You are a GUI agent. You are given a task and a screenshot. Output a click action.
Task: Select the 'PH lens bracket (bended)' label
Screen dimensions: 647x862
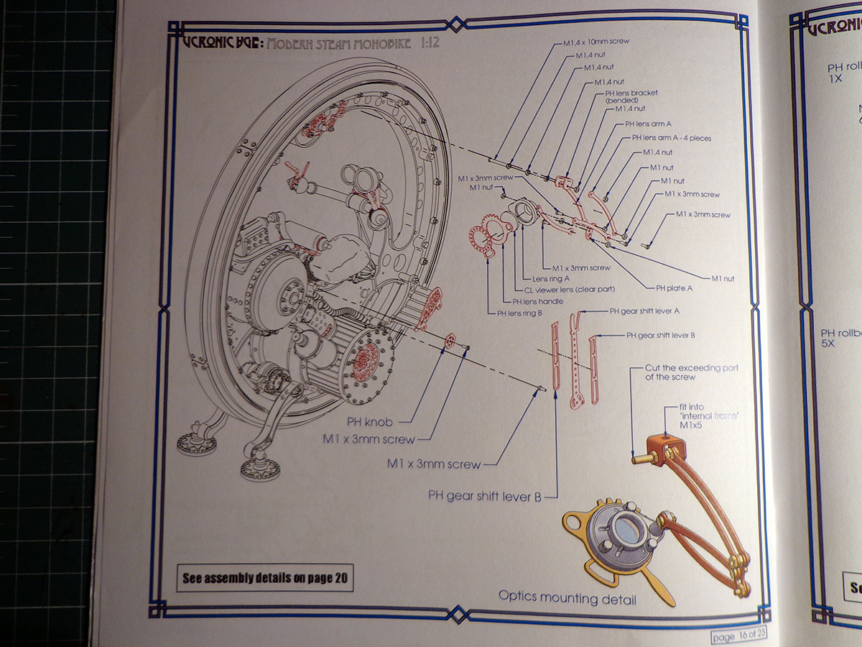[631, 96]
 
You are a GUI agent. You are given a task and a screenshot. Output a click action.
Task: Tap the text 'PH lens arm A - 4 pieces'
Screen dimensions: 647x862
[671, 137]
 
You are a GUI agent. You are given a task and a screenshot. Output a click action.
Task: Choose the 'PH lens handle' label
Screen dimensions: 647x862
[537, 301]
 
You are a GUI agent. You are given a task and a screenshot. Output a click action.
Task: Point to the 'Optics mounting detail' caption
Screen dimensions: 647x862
[567, 597]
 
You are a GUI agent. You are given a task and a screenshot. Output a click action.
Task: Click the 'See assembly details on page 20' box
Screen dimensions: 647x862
[265, 577]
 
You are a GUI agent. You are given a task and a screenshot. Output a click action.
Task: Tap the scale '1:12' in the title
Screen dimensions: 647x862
[428, 44]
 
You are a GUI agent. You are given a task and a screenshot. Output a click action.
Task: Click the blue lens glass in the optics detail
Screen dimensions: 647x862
[626, 530]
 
